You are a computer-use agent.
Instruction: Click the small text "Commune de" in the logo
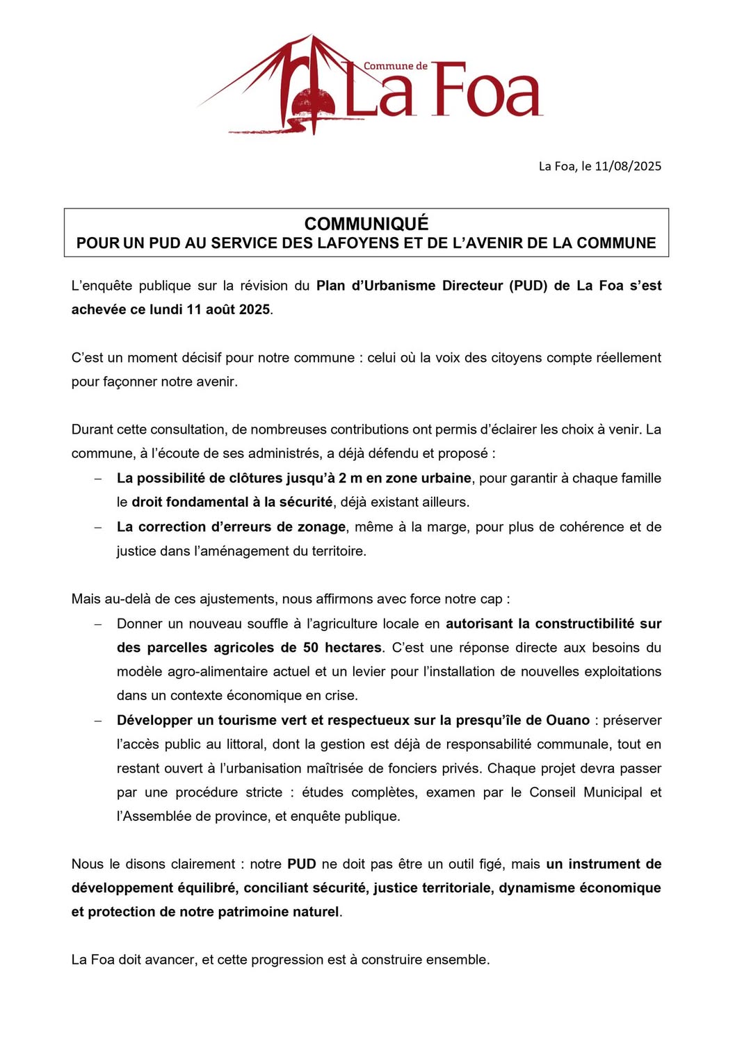(395, 66)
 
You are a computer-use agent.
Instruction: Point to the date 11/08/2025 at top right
(628, 166)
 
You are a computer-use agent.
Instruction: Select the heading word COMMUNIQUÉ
(366, 224)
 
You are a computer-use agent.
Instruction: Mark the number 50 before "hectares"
(310, 648)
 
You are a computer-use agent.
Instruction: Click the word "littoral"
(246, 744)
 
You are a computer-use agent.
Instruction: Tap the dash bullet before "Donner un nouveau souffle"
(99, 624)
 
